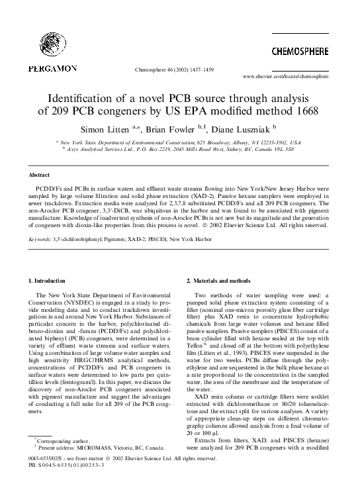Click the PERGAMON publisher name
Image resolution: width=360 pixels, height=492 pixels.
pos(54,68)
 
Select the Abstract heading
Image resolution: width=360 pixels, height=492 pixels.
pos(40,175)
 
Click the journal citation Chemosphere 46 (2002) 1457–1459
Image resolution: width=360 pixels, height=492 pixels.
pos(173,68)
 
